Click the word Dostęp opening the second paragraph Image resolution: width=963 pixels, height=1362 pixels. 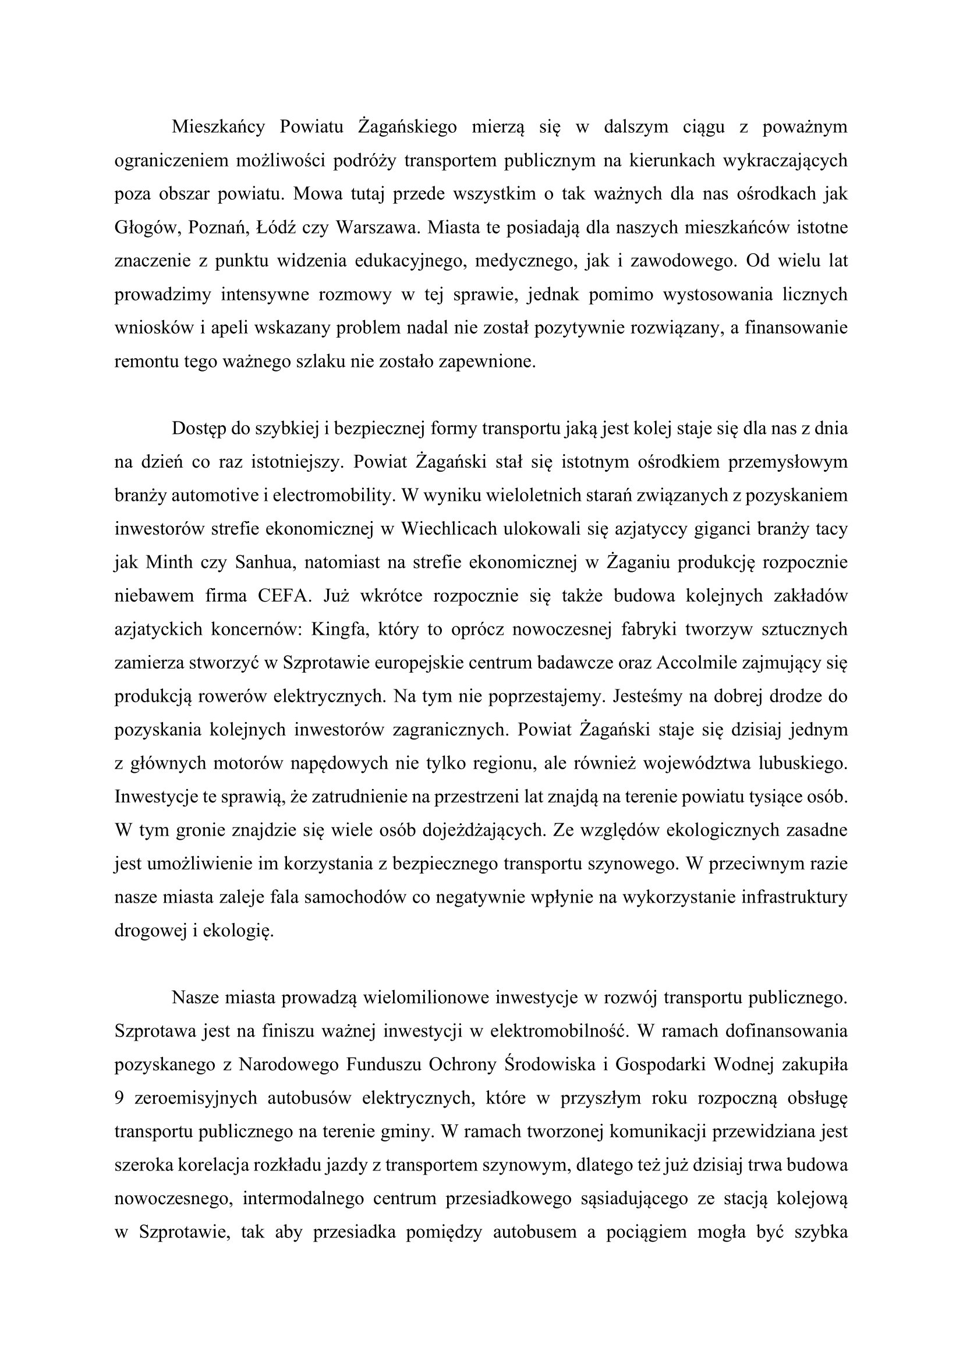tap(199, 429)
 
